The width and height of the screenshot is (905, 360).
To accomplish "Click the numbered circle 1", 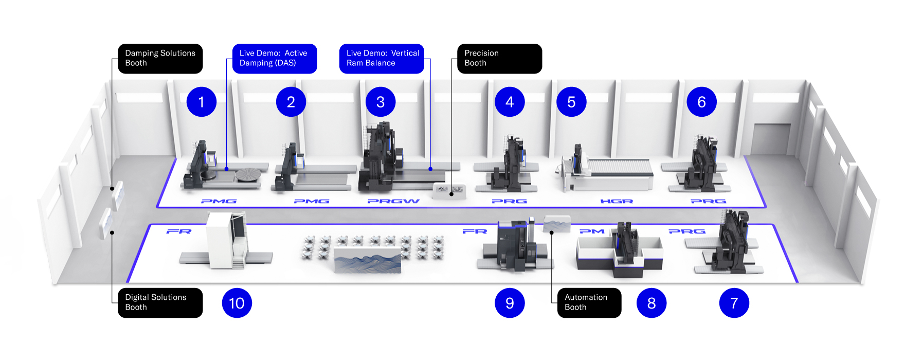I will coord(201,102).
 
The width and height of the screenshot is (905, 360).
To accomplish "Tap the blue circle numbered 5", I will coord(571,102).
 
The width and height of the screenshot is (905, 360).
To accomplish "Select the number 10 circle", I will coord(237,303).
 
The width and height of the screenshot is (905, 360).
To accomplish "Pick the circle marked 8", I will coord(651,303).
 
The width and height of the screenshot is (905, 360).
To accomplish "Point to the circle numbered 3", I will coord(381,102).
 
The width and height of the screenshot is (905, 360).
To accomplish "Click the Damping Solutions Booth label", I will coord(160,58).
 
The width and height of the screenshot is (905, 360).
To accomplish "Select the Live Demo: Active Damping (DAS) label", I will coord(274,58).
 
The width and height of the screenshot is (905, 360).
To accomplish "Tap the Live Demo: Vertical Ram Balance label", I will coord(382,58).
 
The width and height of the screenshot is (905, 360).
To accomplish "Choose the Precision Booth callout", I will coord(499,58).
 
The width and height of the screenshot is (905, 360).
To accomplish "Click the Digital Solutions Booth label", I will coord(160,302).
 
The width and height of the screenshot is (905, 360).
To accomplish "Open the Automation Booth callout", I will coord(589,302).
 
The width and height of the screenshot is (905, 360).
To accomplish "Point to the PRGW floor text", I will coord(393,201).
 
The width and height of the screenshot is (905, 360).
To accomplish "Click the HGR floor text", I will coord(617,201).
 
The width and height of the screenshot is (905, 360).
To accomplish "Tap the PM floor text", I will coord(592,231).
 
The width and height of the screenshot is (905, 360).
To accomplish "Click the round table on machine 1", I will coord(249,174).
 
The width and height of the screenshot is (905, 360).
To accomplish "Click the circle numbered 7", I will coord(734,303).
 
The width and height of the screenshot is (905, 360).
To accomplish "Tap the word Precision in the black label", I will coord(481,53).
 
